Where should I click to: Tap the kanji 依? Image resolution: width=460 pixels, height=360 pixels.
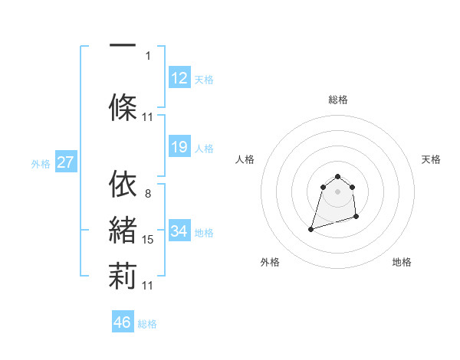pyautogui.click(x=123, y=183)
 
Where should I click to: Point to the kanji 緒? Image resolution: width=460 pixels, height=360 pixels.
pyautogui.click(x=123, y=231)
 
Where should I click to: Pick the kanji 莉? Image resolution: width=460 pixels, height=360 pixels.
pyautogui.click(x=123, y=276)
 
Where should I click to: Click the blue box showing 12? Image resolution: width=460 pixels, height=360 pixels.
pyautogui.click(x=179, y=78)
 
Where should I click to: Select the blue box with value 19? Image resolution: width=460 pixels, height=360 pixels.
pyautogui.click(x=179, y=147)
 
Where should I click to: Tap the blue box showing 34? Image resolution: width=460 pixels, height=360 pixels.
pyautogui.click(x=179, y=231)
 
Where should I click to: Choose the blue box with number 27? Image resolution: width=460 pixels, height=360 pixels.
pyautogui.click(x=65, y=162)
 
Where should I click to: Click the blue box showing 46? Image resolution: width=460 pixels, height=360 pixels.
pyautogui.click(x=123, y=322)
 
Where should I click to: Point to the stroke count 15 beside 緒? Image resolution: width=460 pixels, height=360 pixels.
pyautogui.click(x=148, y=240)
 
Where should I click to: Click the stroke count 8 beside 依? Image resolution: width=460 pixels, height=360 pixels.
pyautogui.click(x=148, y=193)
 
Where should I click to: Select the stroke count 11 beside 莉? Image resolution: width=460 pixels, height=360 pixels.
pyautogui.click(x=148, y=286)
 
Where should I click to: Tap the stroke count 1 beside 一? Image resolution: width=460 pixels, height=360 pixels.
pyautogui.click(x=148, y=55)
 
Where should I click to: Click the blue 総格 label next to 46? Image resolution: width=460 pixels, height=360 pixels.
pyautogui.click(x=147, y=324)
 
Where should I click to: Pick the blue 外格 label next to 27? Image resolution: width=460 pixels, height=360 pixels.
pyautogui.click(x=41, y=163)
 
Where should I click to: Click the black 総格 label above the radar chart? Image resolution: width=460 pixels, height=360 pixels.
pyautogui.click(x=337, y=100)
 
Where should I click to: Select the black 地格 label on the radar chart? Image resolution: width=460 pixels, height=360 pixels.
pyautogui.click(x=402, y=262)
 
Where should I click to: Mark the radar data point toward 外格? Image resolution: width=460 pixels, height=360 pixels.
pyautogui.click(x=310, y=229)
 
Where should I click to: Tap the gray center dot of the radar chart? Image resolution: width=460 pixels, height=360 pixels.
pyautogui.click(x=337, y=191)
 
